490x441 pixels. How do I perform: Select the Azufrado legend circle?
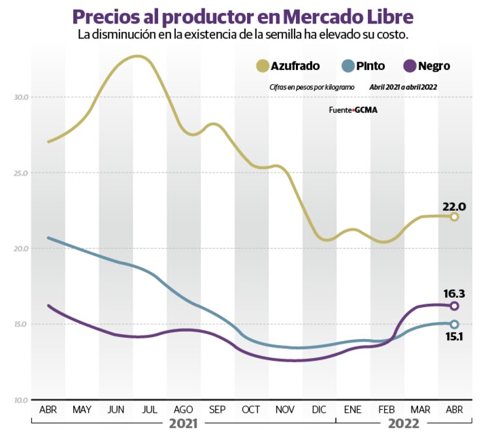click(x=263, y=65)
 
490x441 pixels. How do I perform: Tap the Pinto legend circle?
click(x=348, y=65)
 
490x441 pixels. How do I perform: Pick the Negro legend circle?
click(x=410, y=65)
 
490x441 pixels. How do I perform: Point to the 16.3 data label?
click(x=453, y=293)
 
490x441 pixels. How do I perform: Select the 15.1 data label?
click(x=453, y=336)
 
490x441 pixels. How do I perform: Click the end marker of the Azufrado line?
click(x=454, y=217)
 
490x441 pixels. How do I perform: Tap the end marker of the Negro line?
click(x=454, y=306)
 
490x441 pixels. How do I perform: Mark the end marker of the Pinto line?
click(x=454, y=324)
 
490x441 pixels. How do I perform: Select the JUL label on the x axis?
click(x=150, y=410)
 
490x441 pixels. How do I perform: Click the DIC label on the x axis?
click(x=319, y=410)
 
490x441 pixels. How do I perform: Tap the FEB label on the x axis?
click(x=387, y=410)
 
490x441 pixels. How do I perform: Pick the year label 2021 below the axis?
click(x=184, y=423)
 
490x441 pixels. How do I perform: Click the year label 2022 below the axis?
click(x=404, y=423)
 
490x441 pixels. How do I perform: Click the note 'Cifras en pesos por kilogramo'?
click(x=312, y=87)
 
